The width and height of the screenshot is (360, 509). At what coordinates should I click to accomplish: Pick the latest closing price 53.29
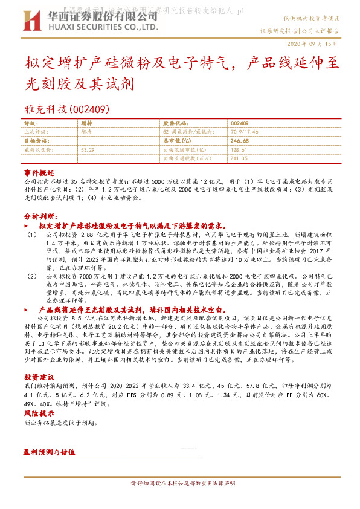click(87, 149)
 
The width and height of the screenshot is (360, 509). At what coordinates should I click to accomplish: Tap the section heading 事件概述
click(39, 172)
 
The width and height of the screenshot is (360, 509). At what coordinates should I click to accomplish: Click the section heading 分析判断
click(40, 216)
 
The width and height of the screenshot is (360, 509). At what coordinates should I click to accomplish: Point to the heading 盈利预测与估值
click(49, 452)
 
